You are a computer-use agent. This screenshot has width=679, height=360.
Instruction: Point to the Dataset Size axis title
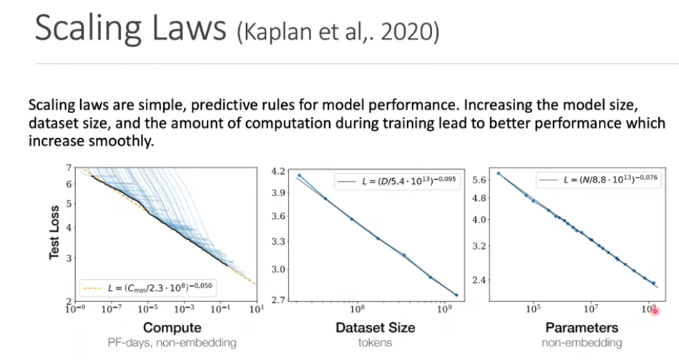coord(376,328)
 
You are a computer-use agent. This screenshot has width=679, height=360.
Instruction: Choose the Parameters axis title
coord(582,328)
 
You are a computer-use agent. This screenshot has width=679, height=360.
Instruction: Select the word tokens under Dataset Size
coord(376,343)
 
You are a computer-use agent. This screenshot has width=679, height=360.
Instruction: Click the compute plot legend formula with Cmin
coord(154,288)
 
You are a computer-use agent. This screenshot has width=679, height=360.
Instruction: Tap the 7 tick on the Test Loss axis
coord(67,167)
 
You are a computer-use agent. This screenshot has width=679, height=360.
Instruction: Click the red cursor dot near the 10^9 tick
coord(654,311)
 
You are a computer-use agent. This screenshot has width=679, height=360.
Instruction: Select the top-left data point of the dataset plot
coord(300,175)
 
